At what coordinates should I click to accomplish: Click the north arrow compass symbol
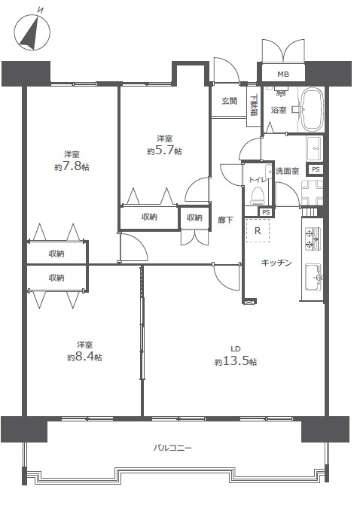pos(32,32)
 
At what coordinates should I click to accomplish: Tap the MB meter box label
pos(283,75)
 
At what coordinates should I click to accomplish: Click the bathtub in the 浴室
pos(312,109)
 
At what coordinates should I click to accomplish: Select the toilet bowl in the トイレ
pos(257,196)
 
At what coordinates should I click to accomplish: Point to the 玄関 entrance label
pos(229,101)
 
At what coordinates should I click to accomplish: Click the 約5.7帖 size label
pos(164,151)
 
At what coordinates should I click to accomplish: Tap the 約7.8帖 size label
pos(72,166)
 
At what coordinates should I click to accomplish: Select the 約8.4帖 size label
pos(84,357)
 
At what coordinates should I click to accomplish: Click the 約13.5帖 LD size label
pos(236,361)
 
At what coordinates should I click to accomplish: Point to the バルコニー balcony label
pos(172,448)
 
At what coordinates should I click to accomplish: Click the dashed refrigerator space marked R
pos(258,231)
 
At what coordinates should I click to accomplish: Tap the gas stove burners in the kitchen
pos(312,239)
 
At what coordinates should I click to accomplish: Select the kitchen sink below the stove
pos(313,278)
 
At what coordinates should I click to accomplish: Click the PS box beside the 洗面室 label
pos(316,169)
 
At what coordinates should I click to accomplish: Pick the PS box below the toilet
pos(266,212)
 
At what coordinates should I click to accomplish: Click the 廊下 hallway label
pos(225,220)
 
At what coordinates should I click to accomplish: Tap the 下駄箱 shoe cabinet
pos(253,106)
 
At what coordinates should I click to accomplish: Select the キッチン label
pos(276,263)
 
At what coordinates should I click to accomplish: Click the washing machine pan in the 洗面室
pos(312,193)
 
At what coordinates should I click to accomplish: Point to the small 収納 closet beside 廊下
pos(194,217)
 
